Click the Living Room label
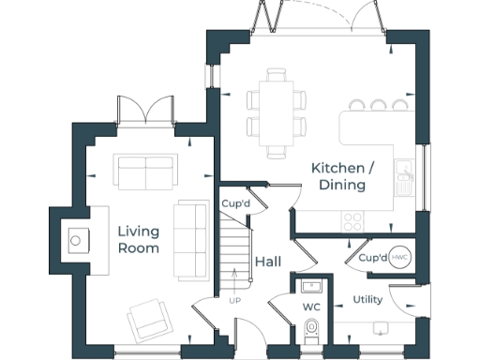pyautogui.click(x=138, y=240)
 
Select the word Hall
pyautogui.click(x=268, y=262)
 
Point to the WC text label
pyautogui.click(x=311, y=307)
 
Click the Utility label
pyautogui.click(x=367, y=300)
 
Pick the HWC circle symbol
pyautogui.click(x=399, y=257)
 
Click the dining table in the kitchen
pyautogui.click(x=277, y=112)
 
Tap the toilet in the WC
pyautogui.click(x=312, y=330)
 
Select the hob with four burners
pyautogui.click(x=353, y=221)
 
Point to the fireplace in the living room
pyautogui.click(x=76, y=240)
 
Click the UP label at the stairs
pyautogui.click(x=234, y=300)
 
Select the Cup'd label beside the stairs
pyautogui.click(x=234, y=203)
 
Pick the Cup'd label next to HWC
pyautogui.click(x=372, y=257)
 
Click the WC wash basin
pyautogui.click(x=311, y=286)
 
